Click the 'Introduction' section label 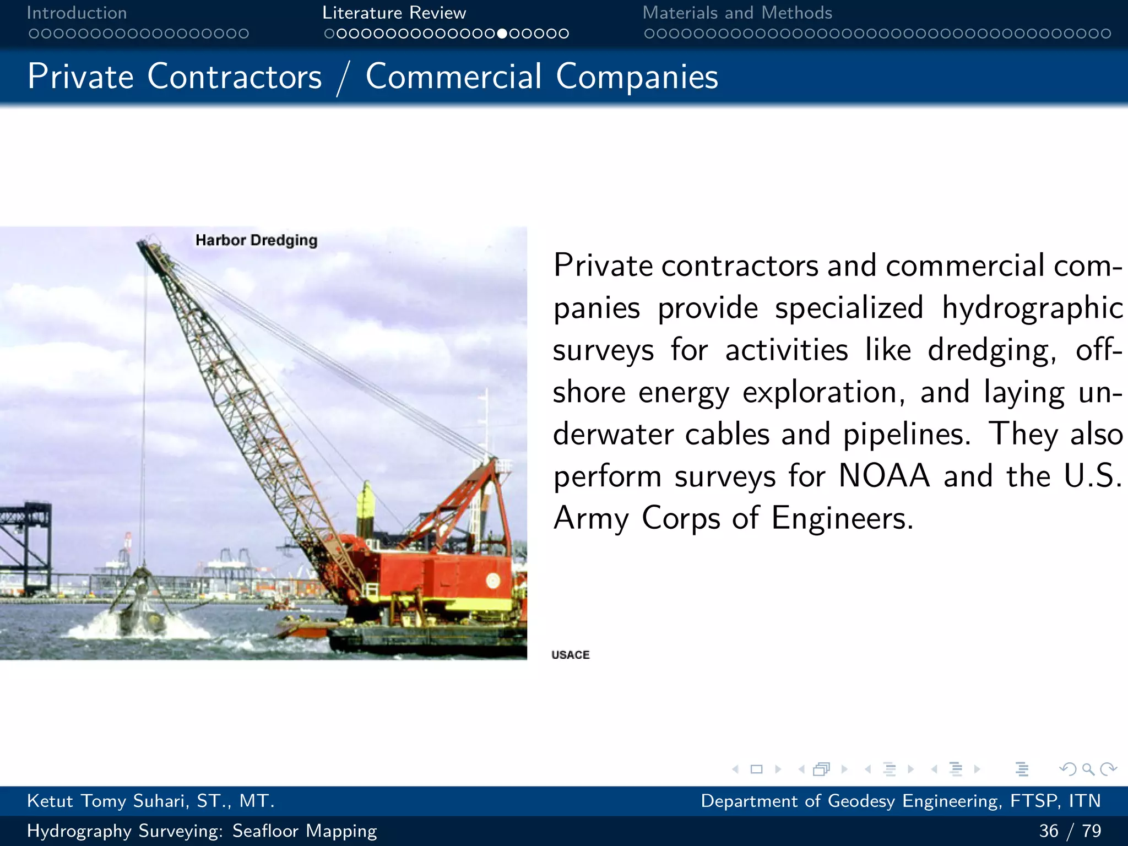pos(77,13)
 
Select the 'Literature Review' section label pos(394,13)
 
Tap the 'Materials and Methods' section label pos(737,13)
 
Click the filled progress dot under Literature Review pos(502,34)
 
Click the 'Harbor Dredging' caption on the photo pos(256,240)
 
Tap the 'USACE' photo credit pos(570,654)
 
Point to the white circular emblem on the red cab pos(492,580)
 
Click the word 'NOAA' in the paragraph pos(883,475)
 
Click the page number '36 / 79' pos(1070,831)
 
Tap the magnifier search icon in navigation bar pos(1088,769)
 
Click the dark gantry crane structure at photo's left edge pos(25,545)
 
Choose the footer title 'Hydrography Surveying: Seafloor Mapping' pos(202,831)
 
